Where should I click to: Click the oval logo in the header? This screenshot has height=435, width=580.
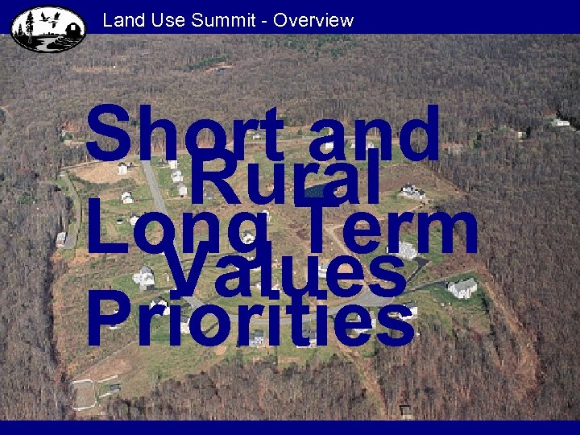pyautogui.click(x=48, y=28)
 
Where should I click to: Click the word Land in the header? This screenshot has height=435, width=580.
pyautogui.click(x=121, y=20)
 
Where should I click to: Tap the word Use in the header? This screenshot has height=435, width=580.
pyautogui.click(x=166, y=20)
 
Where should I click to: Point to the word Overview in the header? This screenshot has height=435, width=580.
pyautogui.click(x=313, y=20)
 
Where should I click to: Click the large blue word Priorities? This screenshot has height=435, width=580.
pyautogui.click(x=251, y=320)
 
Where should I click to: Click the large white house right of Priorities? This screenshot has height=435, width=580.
pyautogui.click(x=462, y=288)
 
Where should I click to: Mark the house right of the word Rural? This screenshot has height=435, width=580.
pyautogui.click(x=412, y=192)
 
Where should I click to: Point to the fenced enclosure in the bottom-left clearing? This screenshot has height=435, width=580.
pyautogui.click(x=84, y=394)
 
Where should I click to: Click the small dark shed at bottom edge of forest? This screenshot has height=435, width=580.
pyautogui.click(x=406, y=410)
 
